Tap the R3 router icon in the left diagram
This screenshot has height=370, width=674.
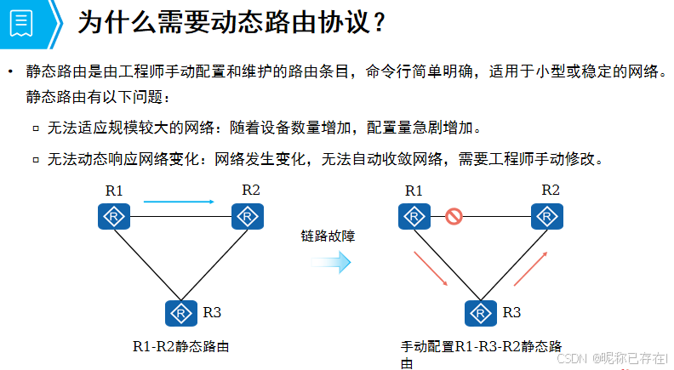pos(180,313)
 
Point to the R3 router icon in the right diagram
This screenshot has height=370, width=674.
pos(481,313)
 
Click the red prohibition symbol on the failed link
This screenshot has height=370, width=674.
pos(454,217)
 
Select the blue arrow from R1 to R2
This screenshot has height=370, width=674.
pos(179,202)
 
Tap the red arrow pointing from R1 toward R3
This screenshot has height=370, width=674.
pos(431,269)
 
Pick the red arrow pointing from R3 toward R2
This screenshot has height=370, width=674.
pos(529,267)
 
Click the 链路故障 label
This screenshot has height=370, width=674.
pos(328,236)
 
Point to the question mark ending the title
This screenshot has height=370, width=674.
pos(381,23)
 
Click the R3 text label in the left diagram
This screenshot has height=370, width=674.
pos(213,312)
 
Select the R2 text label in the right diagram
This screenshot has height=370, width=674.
pos(551,190)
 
